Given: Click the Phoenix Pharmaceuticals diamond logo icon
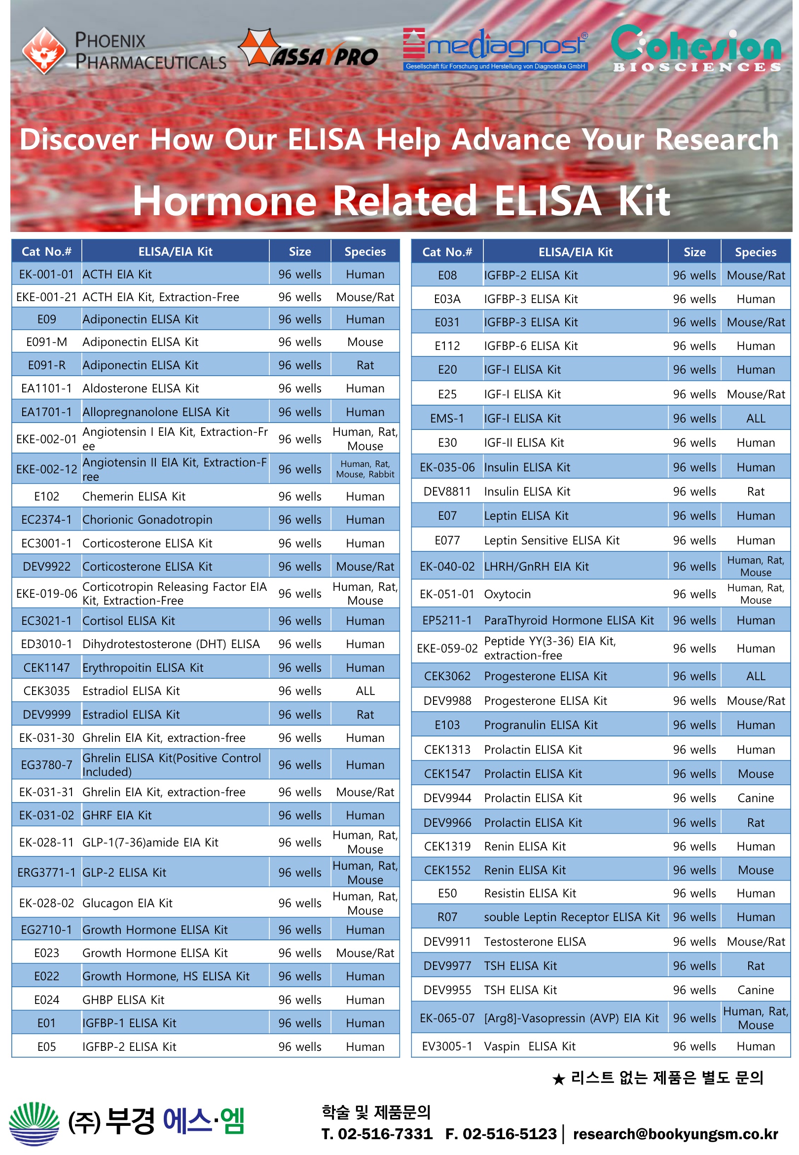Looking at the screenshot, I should (44, 50).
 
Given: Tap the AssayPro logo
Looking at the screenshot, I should (308, 49).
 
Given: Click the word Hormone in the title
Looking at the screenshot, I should (225, 200).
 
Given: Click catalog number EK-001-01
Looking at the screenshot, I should (46, 274).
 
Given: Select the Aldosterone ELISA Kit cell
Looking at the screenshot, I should (141, 388).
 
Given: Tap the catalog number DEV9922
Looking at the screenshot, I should (46, 567).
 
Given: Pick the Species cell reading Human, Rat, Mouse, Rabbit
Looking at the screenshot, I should (365, 469).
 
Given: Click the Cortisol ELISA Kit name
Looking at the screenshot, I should (129, 621).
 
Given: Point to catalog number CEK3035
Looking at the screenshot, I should (46, 691).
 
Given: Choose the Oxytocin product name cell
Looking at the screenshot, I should (508, 595).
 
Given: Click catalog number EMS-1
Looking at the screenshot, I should (447, 419).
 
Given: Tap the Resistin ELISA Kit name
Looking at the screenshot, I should (530, 893).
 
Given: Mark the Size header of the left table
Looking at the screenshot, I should (300, 252).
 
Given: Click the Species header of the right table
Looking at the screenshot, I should (756, 252).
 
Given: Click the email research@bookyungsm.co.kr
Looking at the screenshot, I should (675, 1134).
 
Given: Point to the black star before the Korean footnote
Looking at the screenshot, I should (559, 1079).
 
